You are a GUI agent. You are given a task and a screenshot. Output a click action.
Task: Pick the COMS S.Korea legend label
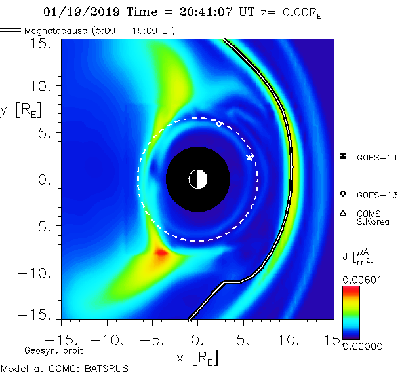coord(373,217)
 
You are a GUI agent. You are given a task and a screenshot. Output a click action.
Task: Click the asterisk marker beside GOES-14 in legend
coord(342,157)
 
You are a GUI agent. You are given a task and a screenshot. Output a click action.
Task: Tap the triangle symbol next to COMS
coord(342,212)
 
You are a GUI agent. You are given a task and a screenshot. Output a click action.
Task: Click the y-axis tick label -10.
coord(36,273)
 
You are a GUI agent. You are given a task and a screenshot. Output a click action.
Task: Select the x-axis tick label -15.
coord(60,341)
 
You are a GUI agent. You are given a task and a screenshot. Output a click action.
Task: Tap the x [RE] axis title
coord(197,358)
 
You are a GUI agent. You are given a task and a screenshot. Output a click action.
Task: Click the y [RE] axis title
coord(20,110)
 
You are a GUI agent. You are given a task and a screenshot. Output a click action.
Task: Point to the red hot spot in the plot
coord(160,253)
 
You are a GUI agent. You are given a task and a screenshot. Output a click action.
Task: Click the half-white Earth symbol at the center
coord(197,178)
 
